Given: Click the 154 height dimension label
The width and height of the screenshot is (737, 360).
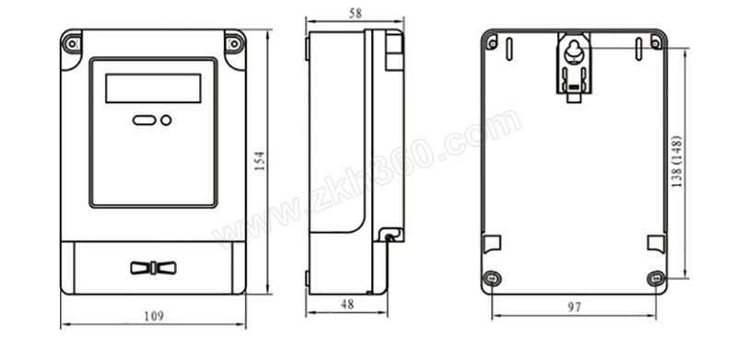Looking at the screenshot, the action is click(260, 160).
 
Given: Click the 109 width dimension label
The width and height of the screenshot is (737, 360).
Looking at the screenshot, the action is click(154, 316).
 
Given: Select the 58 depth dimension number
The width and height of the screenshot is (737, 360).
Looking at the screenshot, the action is click(356, 14).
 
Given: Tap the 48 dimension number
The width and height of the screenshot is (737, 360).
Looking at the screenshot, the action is click(347, 305).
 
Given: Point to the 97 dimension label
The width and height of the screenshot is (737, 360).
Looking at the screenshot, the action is click(574, 308).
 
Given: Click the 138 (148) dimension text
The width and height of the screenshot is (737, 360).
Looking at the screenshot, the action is click(676, 162).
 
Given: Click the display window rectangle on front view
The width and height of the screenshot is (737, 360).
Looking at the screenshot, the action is click(153, 87).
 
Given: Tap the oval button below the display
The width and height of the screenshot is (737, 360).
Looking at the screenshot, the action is click(145, 121).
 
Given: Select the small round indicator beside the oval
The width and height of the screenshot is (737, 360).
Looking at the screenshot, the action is click(166, 121).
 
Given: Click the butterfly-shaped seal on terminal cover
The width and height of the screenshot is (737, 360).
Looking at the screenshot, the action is click(153, 268).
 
